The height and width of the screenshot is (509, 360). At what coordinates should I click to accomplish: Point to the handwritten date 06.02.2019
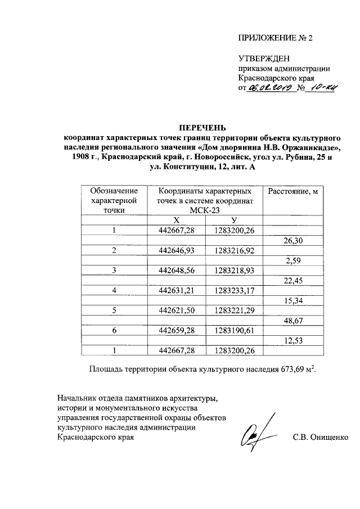point(271,89)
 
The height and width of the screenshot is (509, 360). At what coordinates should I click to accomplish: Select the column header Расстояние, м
point(292,192)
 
